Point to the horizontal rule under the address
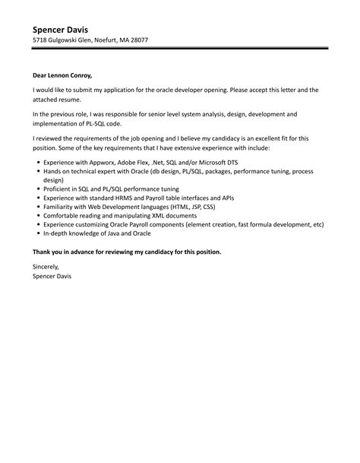pyautogui.click(x=180, y=49)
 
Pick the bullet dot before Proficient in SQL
pyautogui.click(x=39, y=186)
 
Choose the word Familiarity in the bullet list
pyautogui.click(x=65, y=206)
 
